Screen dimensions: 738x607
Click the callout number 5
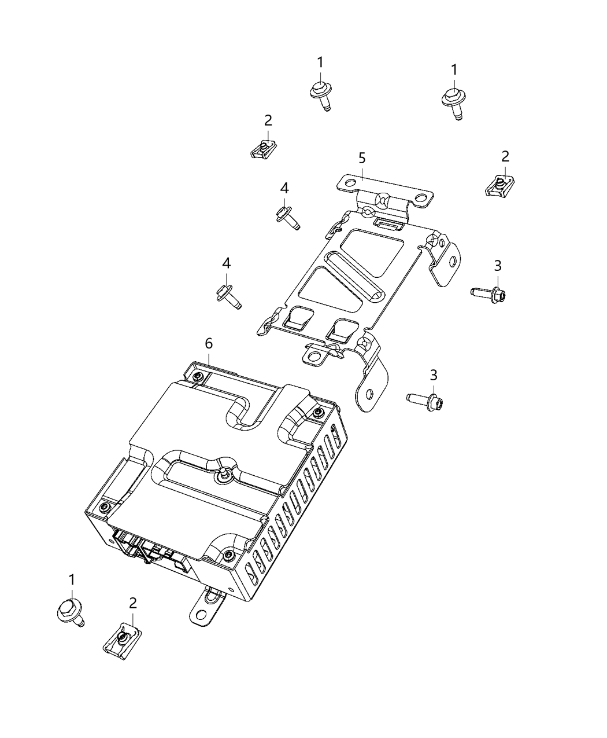pyautogui.click(x=362, y=158)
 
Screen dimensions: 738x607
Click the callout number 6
pyautogui.click(x=209, y=344)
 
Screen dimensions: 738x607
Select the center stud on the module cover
pyautogui.click(x=222, y=473)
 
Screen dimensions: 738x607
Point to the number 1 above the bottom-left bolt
pyautogui.click(x=72, y=580)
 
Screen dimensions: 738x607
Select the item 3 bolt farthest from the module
pyautogui.click(x=490, y=293)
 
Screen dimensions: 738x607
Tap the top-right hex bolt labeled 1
pyautogui.click(x=452, y=100)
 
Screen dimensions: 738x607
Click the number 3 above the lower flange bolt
pyautogui.click(x=433, y=375)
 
